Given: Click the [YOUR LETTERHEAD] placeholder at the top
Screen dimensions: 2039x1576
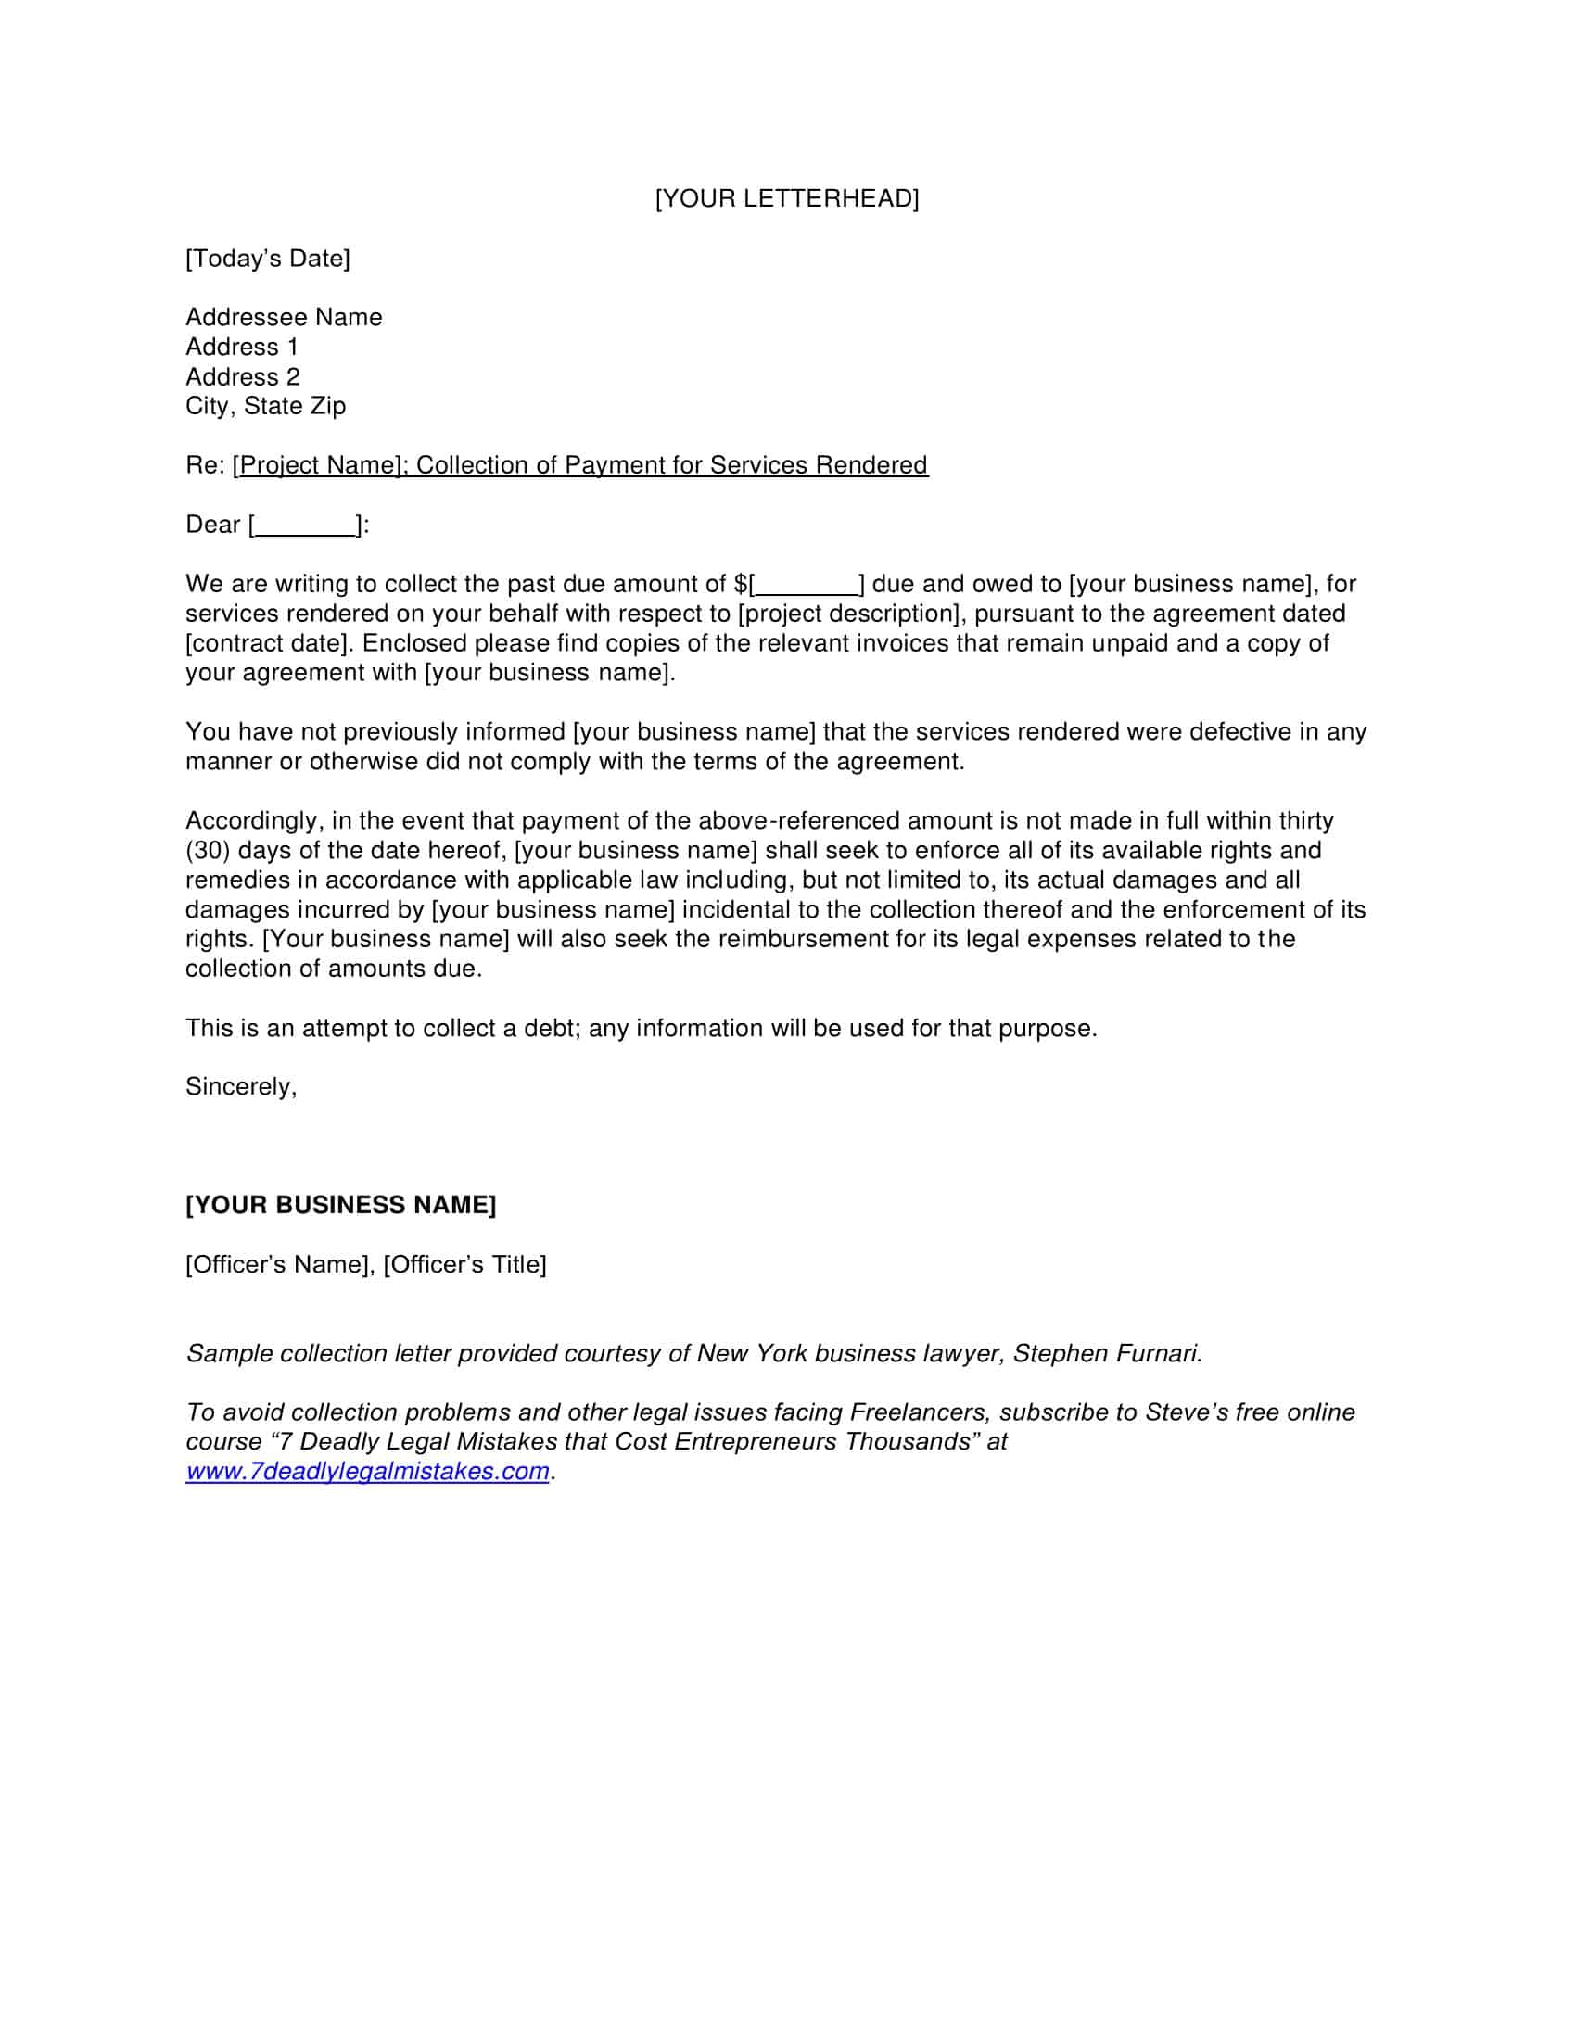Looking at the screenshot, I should [786, 199].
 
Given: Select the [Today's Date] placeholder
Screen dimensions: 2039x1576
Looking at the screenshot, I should [267, 259].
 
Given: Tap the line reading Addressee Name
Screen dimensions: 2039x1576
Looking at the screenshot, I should [284, 317].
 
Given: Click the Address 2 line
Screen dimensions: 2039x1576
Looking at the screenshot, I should [243, 377].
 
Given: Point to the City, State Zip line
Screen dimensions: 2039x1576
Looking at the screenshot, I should [265, 406].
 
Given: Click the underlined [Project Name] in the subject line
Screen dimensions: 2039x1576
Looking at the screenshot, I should [317, 465].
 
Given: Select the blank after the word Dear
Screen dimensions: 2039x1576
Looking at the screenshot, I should [305, 526].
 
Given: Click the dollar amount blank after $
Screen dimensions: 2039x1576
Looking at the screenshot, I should [805, 586].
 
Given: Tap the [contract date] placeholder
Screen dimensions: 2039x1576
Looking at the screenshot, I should [266, 643].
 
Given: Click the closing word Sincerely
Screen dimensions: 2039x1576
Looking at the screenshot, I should [240, 1087].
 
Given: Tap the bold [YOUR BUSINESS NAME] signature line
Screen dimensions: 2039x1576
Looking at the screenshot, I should [341, 1205].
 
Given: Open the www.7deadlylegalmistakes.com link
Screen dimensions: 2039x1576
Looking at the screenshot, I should [367, 1473].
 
